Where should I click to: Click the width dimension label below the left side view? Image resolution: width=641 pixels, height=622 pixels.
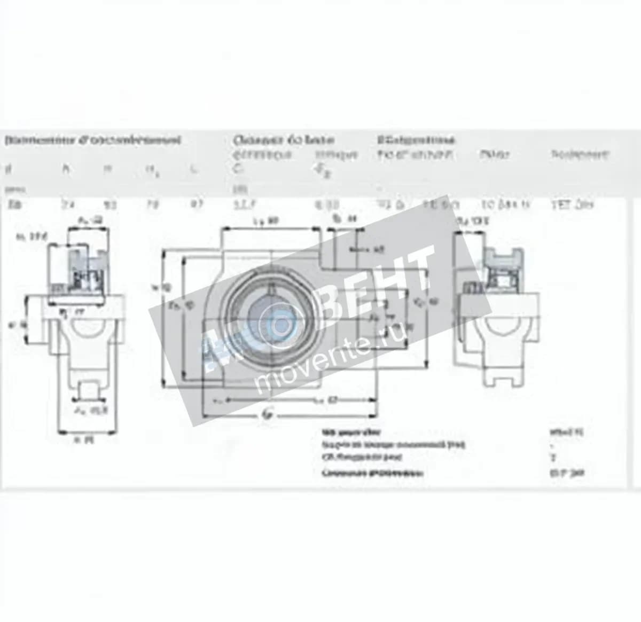click(x=81, y=439)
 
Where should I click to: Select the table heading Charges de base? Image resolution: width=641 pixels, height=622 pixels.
click(x=284, y=140)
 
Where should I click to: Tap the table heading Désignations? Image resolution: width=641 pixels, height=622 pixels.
click(x=416, y=140)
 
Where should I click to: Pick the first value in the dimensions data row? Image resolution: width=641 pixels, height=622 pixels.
click(x=12, y=203)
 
